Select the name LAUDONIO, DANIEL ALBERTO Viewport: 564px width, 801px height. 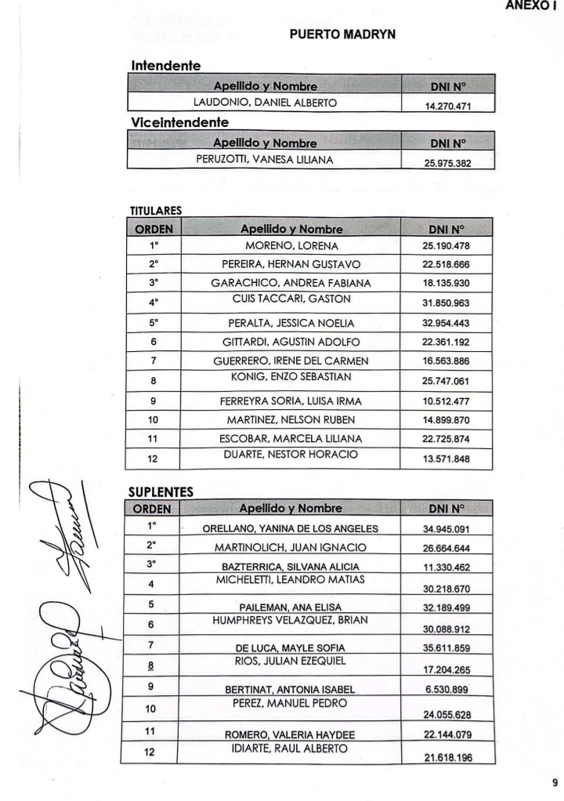pos(266,102)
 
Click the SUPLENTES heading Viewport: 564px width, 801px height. pos(160,490)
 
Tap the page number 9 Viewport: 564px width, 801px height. pos(555,781)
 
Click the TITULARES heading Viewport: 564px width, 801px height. pos(155,212)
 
